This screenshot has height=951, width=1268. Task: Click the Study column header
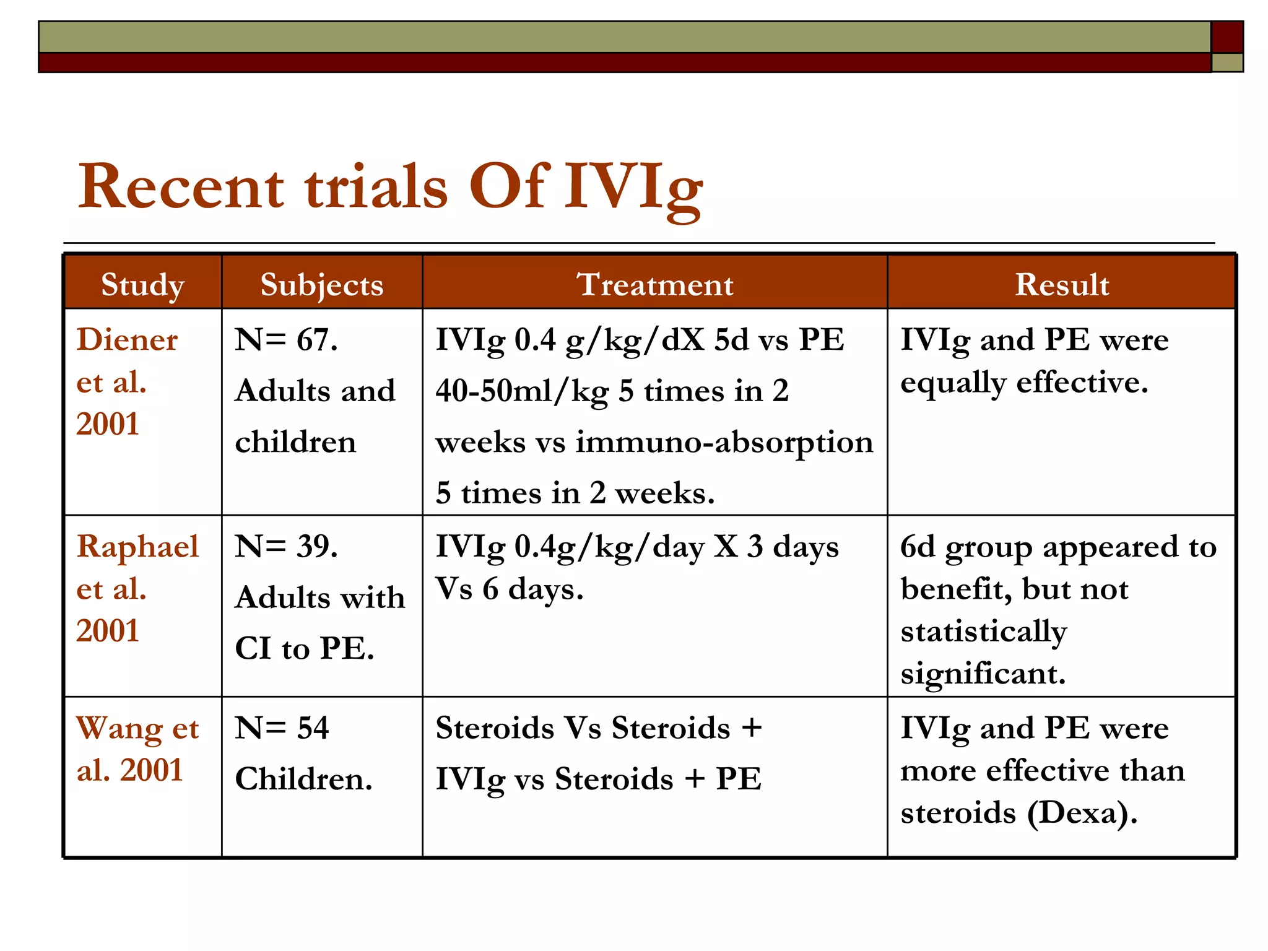pos(142,285)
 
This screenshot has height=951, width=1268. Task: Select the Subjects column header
pos(322,285)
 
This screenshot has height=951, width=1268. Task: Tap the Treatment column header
pos(655,285)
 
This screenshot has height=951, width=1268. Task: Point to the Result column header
pos(1062,285)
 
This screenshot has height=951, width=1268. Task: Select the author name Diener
pos(127,340)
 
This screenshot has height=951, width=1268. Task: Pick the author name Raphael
pos(137,547)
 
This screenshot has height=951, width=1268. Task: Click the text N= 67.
pos(286,340)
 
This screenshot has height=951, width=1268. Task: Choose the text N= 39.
pos(286,547)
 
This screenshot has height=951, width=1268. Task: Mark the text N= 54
pos(282,728)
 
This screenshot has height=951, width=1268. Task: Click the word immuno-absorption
pos(724,442)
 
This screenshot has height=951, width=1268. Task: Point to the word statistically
pos(983,632)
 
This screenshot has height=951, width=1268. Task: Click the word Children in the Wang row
pos(303,779)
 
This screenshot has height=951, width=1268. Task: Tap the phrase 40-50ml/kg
pos(521,391)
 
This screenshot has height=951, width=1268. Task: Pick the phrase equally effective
pos(1023,383)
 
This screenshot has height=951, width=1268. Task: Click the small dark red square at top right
pos(1227,37)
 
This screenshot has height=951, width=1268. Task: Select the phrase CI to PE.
pos(305,649)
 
